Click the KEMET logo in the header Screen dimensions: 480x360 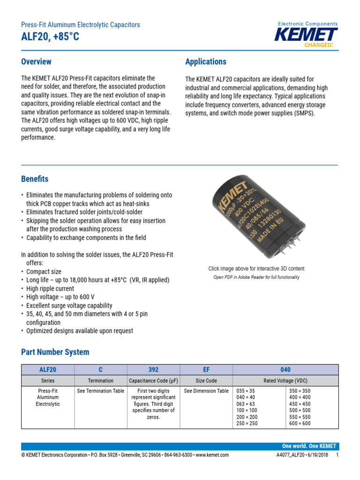[306, 35]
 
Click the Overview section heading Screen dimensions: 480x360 [36, 62]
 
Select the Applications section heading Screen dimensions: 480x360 [206, 62]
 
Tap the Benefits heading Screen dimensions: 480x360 [35, 179]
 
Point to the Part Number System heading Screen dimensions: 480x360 [55, 352]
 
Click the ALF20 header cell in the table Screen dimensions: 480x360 [48, 370]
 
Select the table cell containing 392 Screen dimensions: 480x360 [153, 370]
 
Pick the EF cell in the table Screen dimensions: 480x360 [206, 370]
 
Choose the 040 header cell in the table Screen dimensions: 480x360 [285, 370]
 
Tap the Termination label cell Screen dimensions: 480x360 [101, 381]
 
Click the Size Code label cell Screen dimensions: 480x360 [206, 381]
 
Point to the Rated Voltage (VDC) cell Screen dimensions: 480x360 [285, 381]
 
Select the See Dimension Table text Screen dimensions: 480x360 [206, 391]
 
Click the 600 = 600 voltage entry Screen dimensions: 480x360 [300, 424]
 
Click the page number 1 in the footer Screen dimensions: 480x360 [337, 455]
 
